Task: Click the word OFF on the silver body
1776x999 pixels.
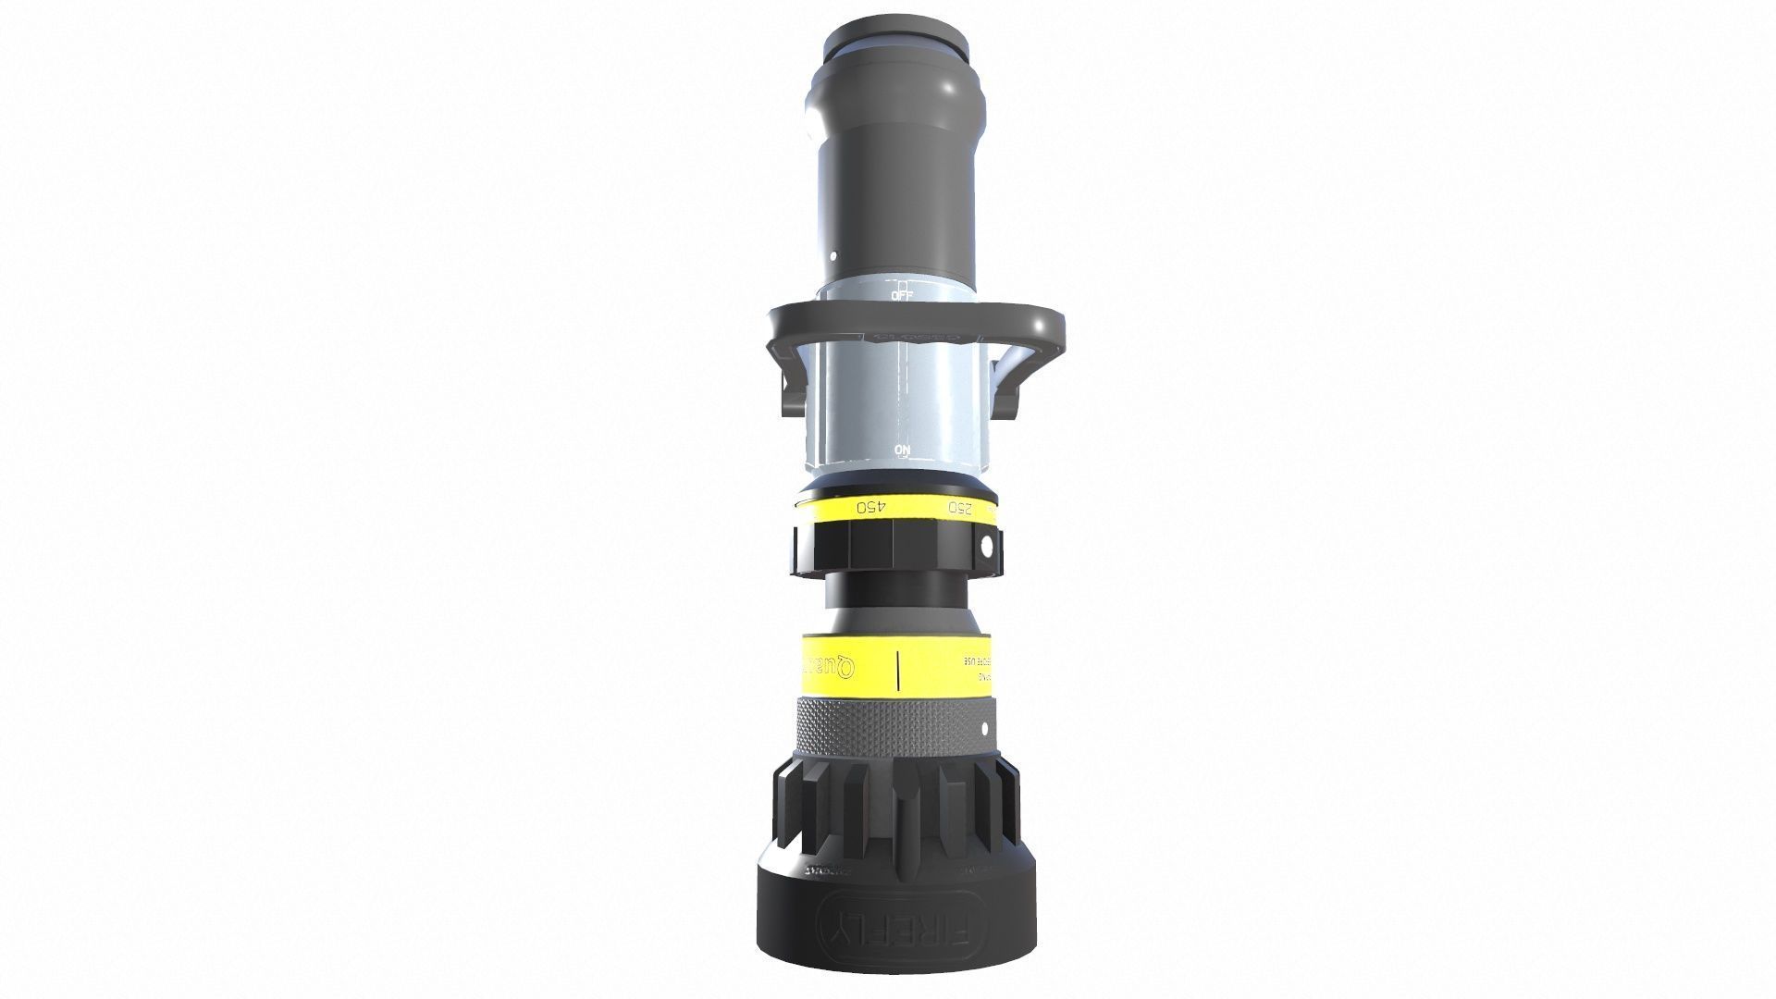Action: click(x=901, y=295)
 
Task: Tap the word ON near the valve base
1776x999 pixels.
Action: click(x=903, y=451)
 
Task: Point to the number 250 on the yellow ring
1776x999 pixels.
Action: click(x=960, y=508)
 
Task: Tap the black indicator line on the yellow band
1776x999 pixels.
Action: click(x=898, y=669)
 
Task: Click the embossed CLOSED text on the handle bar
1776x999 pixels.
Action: click(x=916, y=339)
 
